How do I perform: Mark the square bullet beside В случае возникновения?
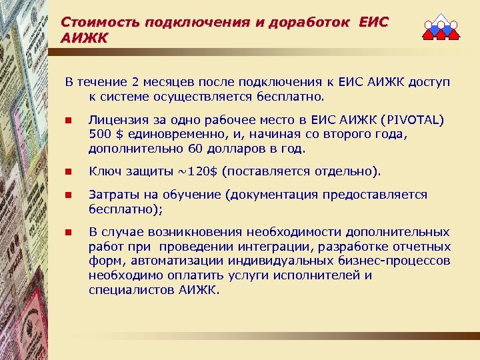(x=67, y=233)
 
